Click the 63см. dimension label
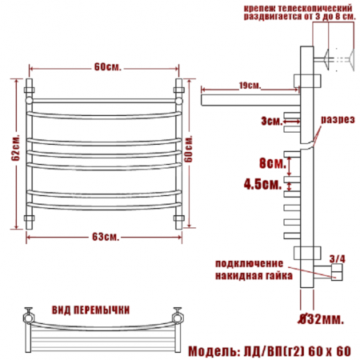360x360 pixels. pos(106,237)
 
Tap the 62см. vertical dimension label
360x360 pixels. pos(15,147)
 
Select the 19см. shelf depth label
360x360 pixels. pos(250,86)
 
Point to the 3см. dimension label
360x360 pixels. pos(271,122)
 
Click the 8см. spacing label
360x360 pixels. pos(273,162)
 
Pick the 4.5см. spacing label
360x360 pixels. pos(262,184)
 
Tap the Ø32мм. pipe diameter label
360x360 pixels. pos(321,319)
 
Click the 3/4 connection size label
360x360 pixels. pos(337,258)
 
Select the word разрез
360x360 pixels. pos(338,120)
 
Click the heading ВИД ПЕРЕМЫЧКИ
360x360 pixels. pos(90,310)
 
